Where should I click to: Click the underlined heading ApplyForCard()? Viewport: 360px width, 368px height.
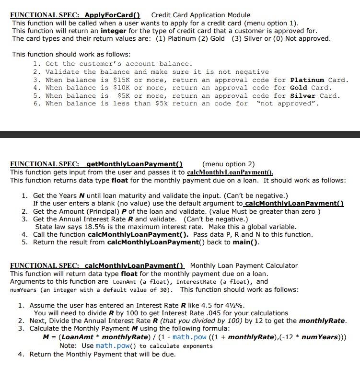115,15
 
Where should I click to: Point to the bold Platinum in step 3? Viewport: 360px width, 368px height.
307,80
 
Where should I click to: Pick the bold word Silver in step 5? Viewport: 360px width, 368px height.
304,95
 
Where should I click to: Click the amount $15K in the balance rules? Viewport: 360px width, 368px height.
122,80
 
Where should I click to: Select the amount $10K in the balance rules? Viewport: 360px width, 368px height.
122,87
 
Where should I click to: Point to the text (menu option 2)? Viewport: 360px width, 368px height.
229,164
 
